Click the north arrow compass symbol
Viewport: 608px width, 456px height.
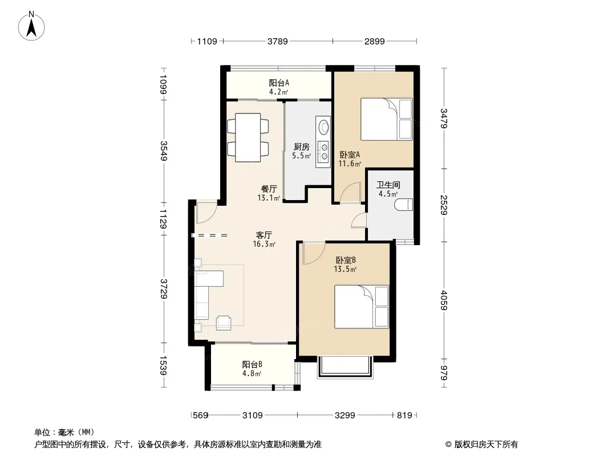pos(31,26)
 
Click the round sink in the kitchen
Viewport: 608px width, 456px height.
pos(323,127)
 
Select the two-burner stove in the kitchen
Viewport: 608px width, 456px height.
pos(323,151)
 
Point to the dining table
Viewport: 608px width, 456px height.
pos(248,137)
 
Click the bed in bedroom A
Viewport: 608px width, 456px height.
pos(387,119)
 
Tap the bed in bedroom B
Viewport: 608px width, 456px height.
pos(362,307)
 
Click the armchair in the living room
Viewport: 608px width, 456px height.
pos(224,323)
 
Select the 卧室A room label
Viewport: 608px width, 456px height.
pos(350,154)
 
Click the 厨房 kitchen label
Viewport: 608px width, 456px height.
pos(301,147)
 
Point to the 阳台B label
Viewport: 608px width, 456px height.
pos(252,365)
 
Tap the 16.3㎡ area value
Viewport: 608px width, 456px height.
pos(264,244)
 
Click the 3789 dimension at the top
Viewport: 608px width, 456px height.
pos(278,41)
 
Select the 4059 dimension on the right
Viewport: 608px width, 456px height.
pos(444,300)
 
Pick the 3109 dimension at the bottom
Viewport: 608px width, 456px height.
pos(253,416)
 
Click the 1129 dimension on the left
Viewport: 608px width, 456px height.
pos(163,219)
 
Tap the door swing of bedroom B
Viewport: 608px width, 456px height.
pos(314,253)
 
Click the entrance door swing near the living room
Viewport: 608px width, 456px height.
pos(206,213)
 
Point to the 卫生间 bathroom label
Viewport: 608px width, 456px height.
pos(388,185)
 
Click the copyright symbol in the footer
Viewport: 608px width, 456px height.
pos(448,445)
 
